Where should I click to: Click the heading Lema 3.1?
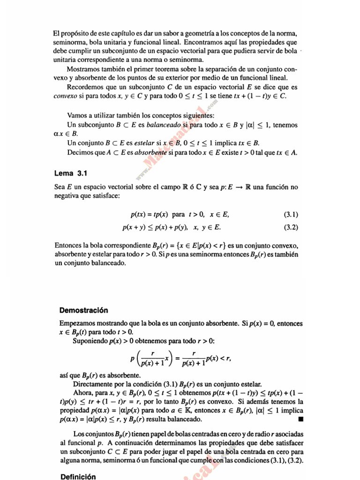pos(71,173)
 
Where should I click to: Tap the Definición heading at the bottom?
pos(78,476)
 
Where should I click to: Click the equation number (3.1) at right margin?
pos(291,215)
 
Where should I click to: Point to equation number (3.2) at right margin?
pos(291,227)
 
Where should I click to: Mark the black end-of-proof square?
pos(300,419)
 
